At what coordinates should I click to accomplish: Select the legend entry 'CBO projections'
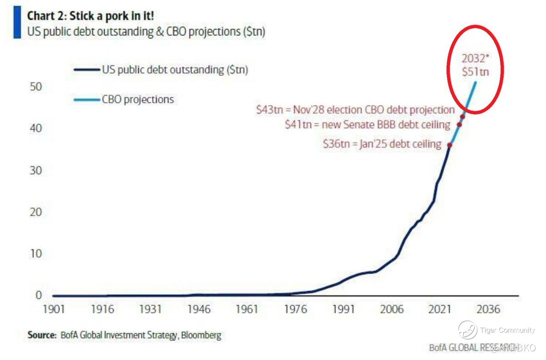pos(138,99)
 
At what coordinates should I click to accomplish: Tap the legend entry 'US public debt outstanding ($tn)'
pos(175,70)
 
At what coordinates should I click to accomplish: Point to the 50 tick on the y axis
pos(36,87)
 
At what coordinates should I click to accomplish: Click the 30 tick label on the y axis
pos(36,170)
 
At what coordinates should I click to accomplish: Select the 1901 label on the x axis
pos(54,309)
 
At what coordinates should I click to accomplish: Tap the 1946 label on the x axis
pos(199,309)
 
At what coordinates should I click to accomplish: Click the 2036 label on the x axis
pos(488,309)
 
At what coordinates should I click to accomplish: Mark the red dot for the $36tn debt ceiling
pos(449,145)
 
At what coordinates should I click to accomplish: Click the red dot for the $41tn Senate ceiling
pos(459,124)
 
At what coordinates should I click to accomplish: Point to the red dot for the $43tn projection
pos(463,117)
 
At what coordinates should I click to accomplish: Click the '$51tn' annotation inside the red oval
pos(475,72)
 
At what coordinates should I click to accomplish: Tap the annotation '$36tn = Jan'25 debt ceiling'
pos(382,144)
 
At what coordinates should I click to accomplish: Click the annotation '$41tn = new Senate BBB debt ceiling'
pos(367,124)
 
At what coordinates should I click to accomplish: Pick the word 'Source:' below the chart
pos(41,335)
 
